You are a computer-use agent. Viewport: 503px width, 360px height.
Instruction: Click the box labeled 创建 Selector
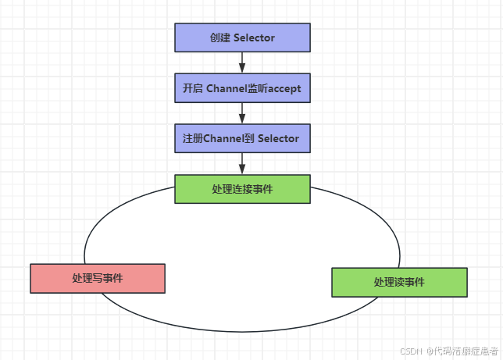(242, 37)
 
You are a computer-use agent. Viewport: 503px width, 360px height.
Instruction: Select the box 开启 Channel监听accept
(242, 88)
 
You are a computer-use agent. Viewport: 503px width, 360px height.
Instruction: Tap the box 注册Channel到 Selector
(242, 138)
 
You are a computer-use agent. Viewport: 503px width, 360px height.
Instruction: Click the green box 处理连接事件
(242, 189)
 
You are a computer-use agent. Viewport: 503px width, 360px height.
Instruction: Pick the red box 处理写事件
(98, 278)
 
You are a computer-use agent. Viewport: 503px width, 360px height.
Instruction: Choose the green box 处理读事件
(399, 282)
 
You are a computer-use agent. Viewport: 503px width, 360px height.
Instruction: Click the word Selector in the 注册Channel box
(279, 138)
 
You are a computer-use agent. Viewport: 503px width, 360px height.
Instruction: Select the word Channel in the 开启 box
(226, 88)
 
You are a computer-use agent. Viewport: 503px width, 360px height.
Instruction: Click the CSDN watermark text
(411, 351)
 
